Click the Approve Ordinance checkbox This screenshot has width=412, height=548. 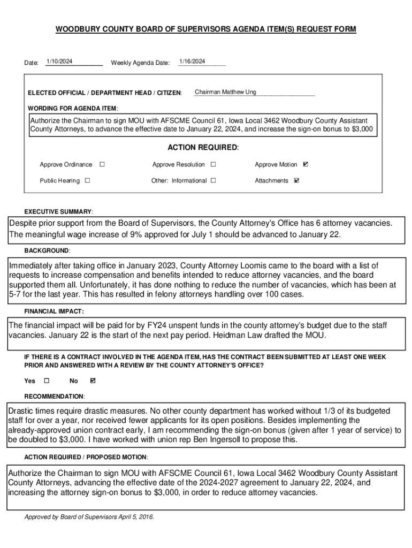102,164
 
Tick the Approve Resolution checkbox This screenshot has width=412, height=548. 213,164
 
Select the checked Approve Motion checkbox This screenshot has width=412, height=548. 306,164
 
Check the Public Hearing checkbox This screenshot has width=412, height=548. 88,180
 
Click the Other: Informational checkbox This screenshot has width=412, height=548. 213,180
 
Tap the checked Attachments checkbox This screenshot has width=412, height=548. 297,180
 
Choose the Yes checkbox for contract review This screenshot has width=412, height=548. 46,380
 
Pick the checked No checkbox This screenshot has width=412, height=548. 93,380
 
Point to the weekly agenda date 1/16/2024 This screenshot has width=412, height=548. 192,62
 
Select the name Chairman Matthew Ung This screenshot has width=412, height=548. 225,92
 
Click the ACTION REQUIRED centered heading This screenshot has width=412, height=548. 203,147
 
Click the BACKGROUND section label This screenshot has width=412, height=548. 47,250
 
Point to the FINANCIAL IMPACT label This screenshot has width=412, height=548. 54,311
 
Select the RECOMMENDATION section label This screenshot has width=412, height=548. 54,397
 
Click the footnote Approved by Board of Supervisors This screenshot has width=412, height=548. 89,517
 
